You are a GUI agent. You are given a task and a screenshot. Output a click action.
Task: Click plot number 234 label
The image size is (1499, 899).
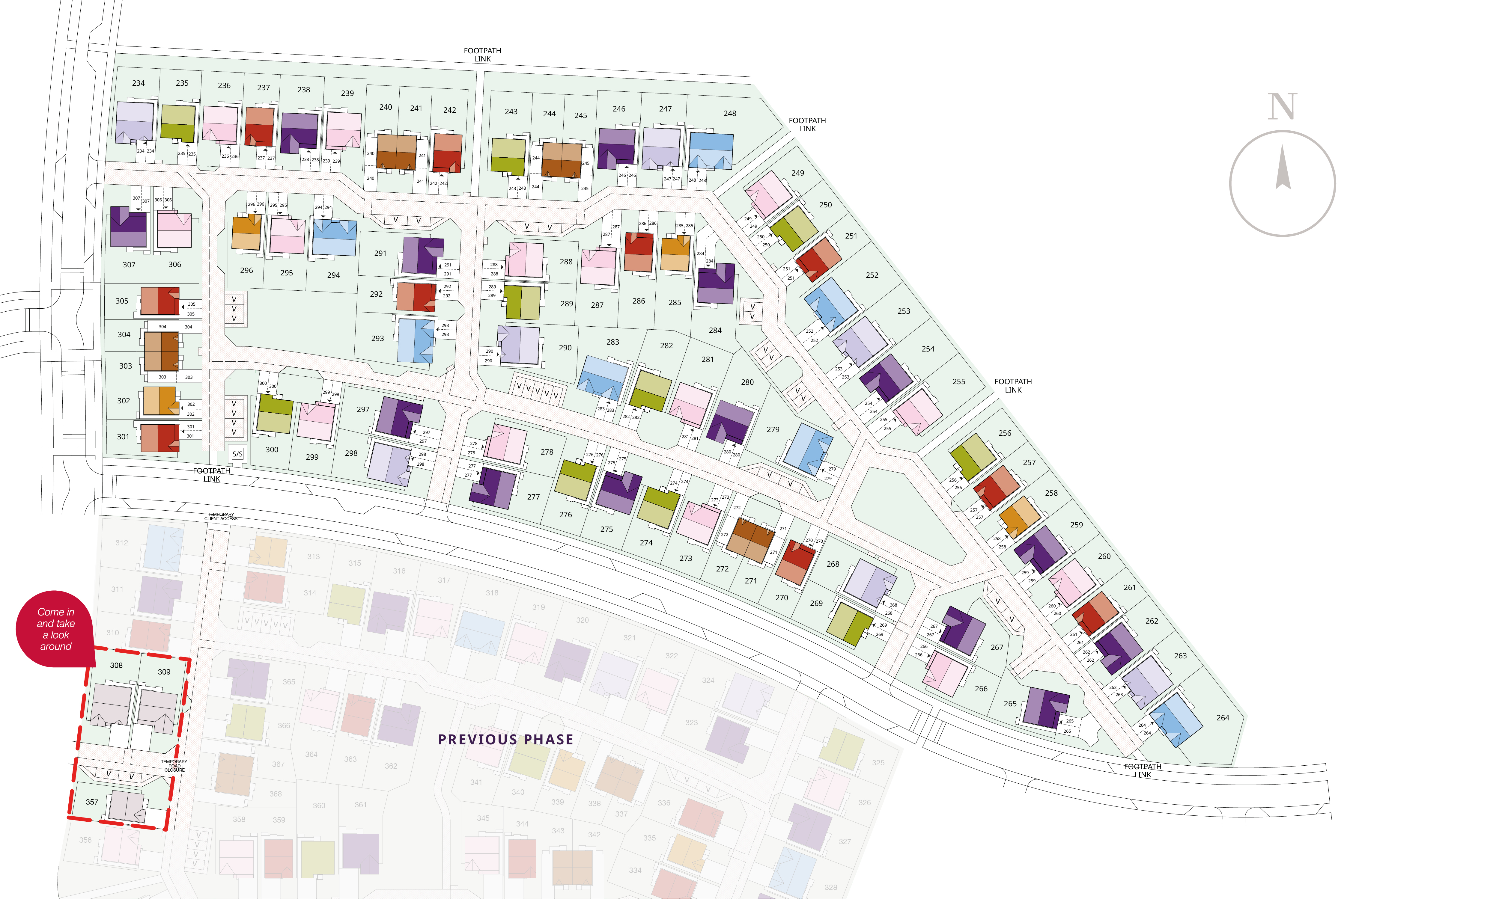click(138, 83)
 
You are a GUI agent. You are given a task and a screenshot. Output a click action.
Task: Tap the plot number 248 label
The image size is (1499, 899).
click(729, 113)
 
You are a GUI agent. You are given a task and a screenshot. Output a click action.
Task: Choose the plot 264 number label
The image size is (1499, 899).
click(1223, 718)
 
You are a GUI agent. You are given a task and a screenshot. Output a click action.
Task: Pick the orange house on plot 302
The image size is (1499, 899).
click(159, 400)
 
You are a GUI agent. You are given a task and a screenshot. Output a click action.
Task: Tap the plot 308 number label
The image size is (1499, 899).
click(116, 665)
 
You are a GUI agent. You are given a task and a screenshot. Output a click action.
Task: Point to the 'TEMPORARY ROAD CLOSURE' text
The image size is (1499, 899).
click(174, 766)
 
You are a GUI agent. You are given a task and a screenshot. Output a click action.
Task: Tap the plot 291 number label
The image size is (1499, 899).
click(380, 253)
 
